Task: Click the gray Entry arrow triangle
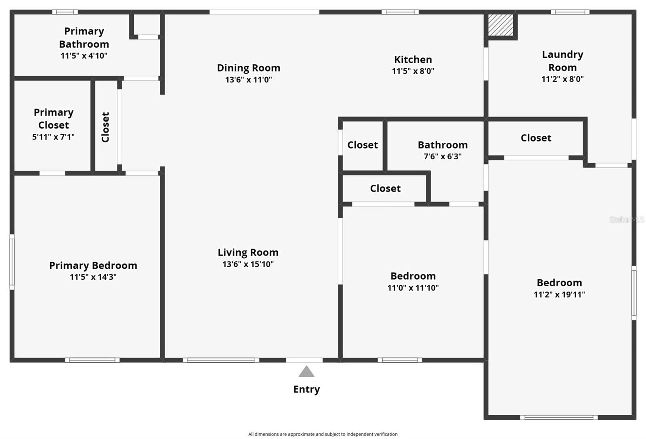[x=306, y=372]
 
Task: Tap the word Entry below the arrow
[x=306, y=389]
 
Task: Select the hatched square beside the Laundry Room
[x=501, y=25]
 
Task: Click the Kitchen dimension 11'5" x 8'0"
[x=413, y=71]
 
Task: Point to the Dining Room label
[x=249, y=68]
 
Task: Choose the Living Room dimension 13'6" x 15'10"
[x=248, y=264]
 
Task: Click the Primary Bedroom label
[x=93, y=266]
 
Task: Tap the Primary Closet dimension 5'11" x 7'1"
[x=53, y=137]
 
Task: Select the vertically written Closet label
[x=105, y=127]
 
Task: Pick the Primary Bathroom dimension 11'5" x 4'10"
[x=84, y=55]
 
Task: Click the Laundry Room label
[x=563, y=61]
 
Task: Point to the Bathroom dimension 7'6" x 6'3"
[x=443, y=156]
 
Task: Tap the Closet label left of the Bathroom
[x=363, y=145]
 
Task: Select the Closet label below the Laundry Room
[x=536, y=138]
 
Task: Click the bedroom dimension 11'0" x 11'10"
[x=413, y=288]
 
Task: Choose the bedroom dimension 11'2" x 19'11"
[x=560, y=294]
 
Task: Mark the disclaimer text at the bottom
[x=323, y=434]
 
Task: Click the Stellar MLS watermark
[x=627, y=219]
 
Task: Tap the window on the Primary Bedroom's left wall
[x=12, y=262]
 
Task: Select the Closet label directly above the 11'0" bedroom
[x=385, y=188]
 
